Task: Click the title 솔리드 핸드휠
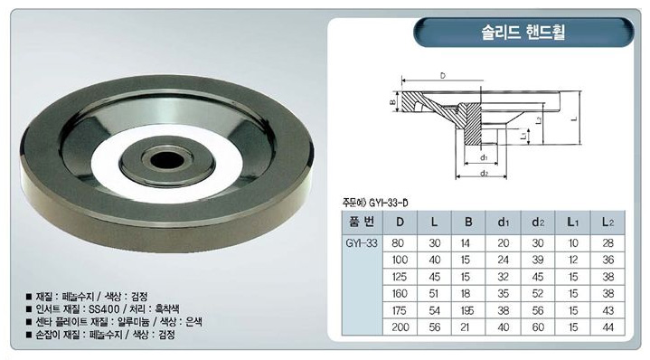[523, 32]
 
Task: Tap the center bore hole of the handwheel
[167, 160]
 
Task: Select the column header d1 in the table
[503, 223]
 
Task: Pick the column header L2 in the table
[608, 223]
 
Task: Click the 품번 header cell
[362, 222]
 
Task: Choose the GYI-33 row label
[362, 243]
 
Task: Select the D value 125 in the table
[399, 277]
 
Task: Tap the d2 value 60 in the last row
[538, 327]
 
